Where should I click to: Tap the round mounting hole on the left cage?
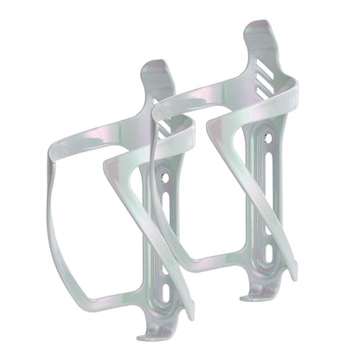tap(164, 179)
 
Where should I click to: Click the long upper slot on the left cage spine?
tap(164, 216)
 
